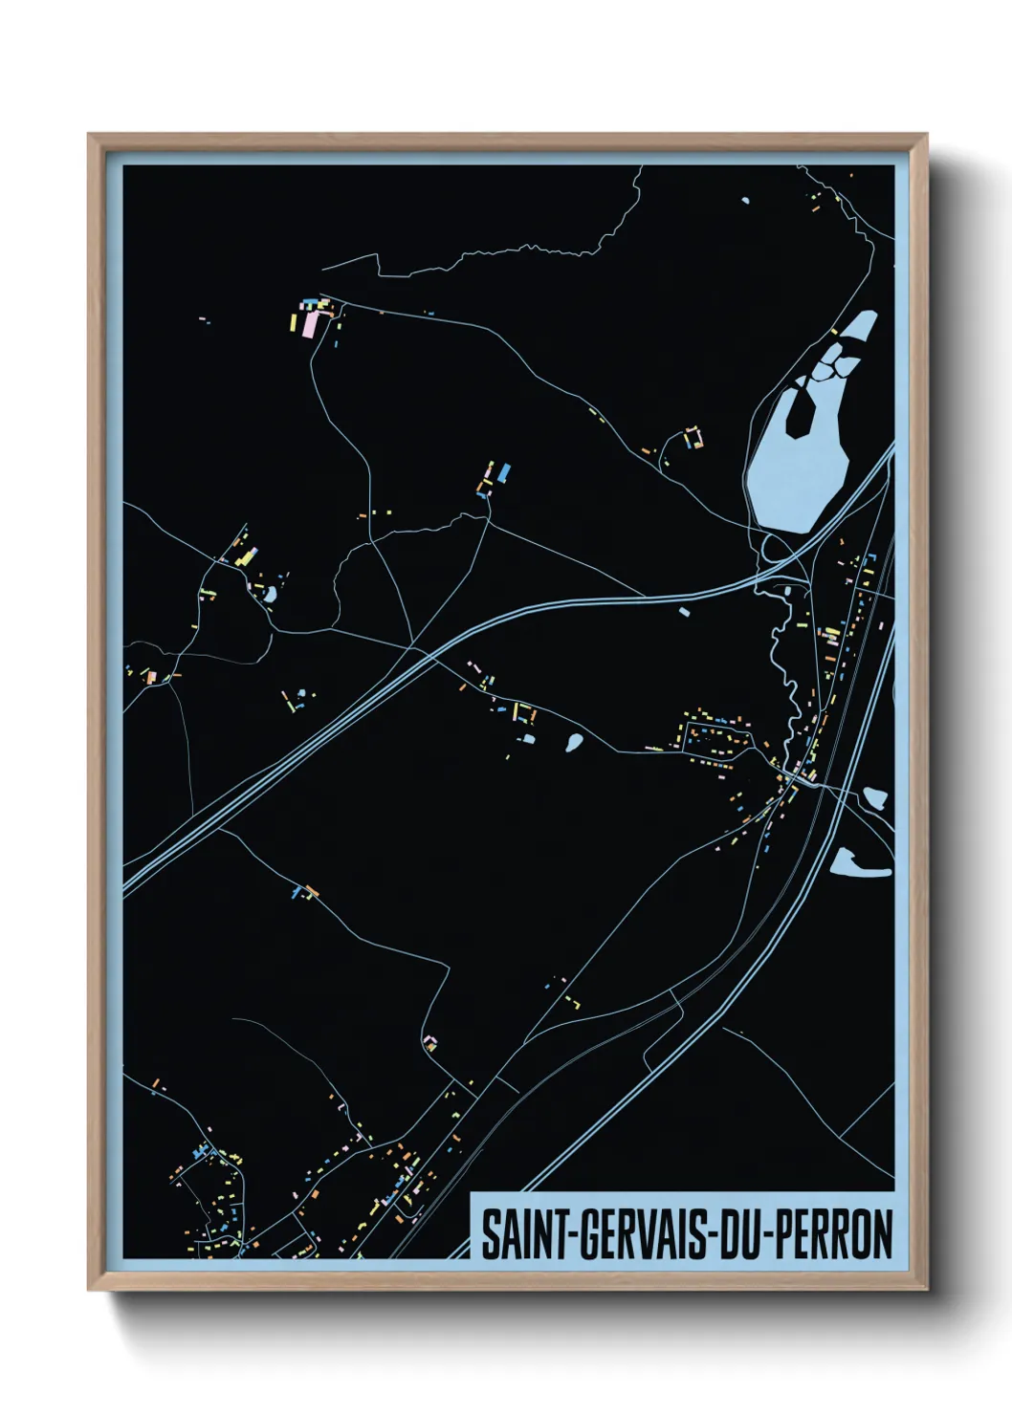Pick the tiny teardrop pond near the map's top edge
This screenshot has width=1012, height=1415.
(745, 200)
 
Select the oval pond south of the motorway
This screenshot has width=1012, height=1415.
(574, 741)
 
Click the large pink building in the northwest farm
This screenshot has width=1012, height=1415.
(309, 325)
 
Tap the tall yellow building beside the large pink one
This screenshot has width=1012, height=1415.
(294, 320)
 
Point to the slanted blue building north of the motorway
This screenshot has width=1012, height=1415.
(505, 471)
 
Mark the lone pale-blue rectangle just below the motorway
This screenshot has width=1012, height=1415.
(684, 609)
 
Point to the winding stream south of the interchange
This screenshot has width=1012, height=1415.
(784, 669)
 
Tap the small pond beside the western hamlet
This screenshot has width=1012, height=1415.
(271, 595)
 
